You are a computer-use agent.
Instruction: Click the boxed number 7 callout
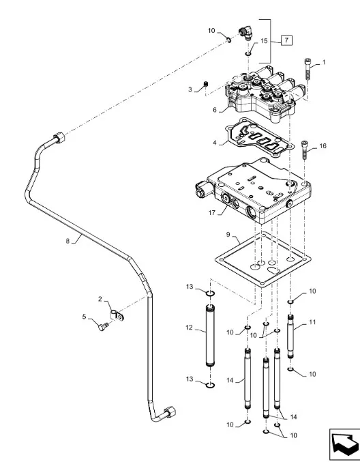coord(286,40)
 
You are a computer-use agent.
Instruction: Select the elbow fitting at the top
coord(245,32)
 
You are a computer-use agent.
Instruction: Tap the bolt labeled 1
coord(307,69)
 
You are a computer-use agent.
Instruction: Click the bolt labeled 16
coord(304,149)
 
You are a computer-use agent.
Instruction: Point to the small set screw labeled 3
coord(206,84)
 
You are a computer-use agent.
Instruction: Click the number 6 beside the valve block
coord(215,110)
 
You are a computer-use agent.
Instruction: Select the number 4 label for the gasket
coord(215,143)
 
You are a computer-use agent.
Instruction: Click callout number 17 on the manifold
coord(212,212)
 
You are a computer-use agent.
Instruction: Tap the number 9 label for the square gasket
coord(228,235)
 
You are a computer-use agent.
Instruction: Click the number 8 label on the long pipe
coord(67,241)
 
